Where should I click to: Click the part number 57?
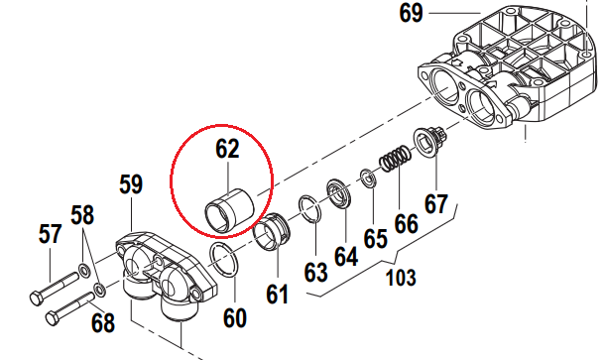[50, 235]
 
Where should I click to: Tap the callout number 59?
[131, 184]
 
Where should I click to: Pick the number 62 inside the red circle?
[227, 149]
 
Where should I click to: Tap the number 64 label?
[344, 256]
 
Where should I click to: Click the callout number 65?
[374, 238]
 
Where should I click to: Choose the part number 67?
[436, 203]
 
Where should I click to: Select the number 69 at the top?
[411, 14]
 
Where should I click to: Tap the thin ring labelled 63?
[310, 210]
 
